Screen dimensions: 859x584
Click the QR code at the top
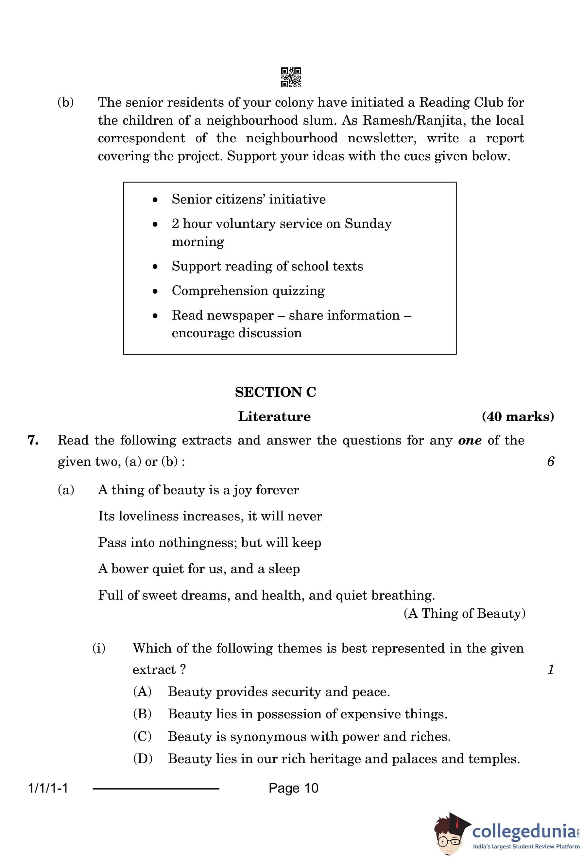291,77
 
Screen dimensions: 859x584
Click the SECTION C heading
275,392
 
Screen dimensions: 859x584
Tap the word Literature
274,416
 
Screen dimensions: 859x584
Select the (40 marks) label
518,416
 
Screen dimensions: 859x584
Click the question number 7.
33,440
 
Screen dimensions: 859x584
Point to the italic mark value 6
550,461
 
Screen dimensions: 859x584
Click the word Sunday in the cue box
368,224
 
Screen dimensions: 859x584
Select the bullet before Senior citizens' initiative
155,200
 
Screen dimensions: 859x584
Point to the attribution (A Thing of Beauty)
464,613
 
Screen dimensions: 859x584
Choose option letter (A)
142,691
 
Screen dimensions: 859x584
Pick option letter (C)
142,736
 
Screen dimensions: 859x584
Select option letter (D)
142,759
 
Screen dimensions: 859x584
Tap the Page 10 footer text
293,788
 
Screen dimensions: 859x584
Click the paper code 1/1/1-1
48,788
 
